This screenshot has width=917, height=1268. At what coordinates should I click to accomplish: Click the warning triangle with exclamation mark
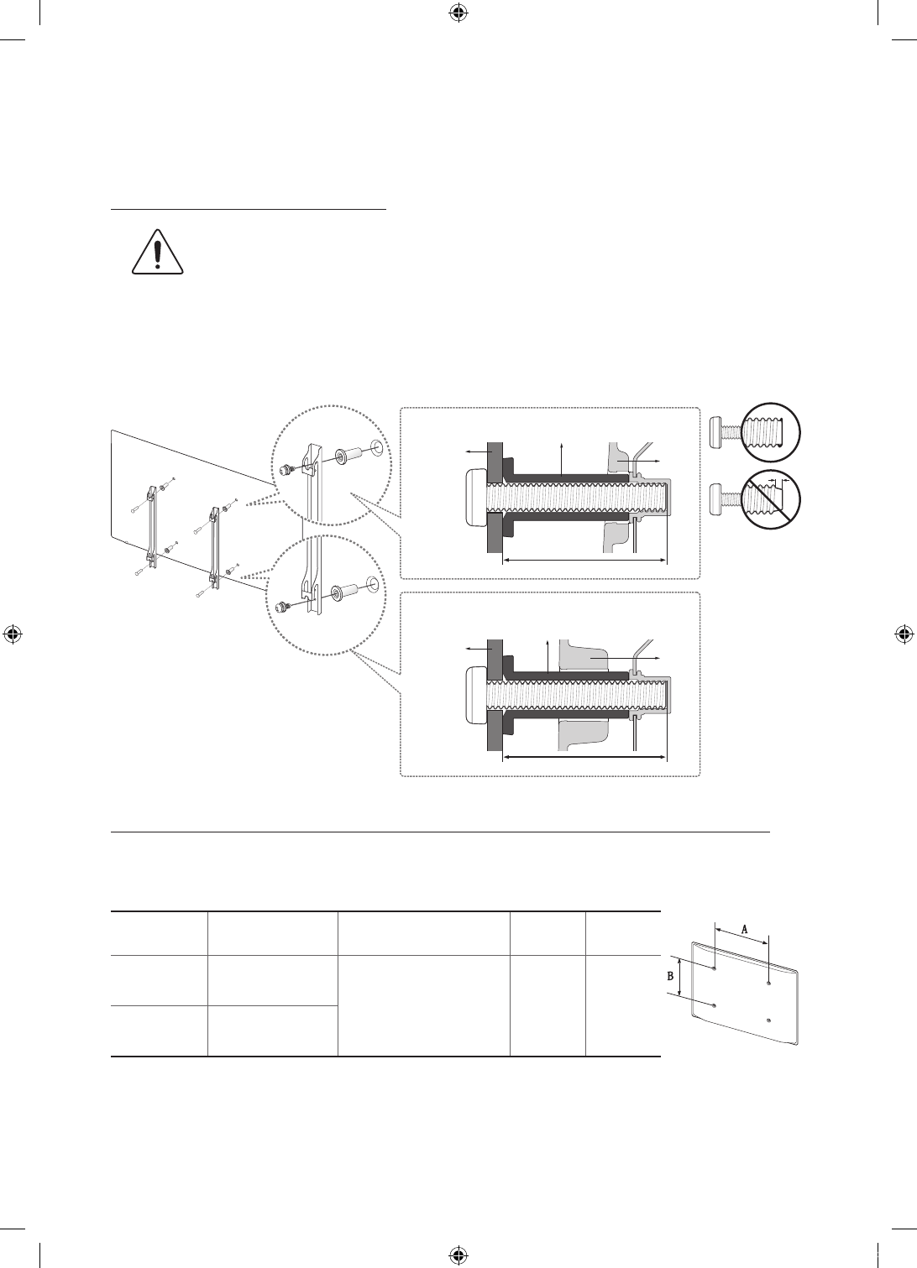click(158, 252)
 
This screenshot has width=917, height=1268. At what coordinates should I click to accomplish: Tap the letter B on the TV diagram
click(670, 976)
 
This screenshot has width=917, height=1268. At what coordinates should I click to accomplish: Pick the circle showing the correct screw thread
click(770, 432)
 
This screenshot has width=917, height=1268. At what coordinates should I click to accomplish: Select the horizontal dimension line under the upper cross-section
click(585, 561)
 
